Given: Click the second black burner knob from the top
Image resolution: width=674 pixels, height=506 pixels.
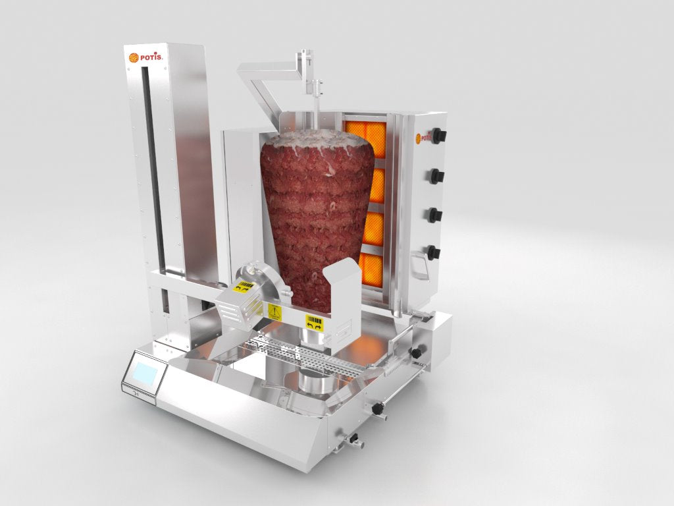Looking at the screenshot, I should (436, 176).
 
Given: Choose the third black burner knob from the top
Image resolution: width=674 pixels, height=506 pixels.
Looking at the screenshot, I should (435, 215).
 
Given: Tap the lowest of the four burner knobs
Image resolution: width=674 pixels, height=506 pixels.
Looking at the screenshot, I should (434, 252).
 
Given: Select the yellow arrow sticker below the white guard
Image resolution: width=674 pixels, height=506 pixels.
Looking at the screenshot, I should (315, 323).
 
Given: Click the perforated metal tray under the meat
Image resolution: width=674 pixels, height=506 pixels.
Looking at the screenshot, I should (309, 356).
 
